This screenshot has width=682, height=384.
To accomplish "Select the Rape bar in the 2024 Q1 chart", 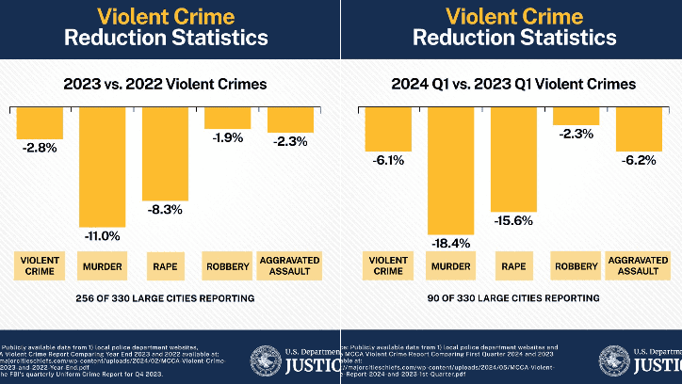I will coord(512,156).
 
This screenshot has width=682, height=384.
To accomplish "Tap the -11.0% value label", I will coord(102,235).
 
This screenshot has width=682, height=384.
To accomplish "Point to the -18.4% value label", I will coord(450,244).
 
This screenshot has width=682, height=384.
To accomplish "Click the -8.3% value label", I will coord(165,211).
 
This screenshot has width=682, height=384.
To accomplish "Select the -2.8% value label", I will coord(39,149).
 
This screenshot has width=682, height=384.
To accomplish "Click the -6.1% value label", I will coord(388,160).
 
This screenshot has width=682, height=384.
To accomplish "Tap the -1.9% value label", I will coord(228,137).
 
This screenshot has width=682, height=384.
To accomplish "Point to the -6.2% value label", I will coord(640,160).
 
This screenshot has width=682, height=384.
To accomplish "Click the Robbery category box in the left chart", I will coord(228,266).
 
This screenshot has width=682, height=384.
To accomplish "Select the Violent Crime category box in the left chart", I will coord(39,266).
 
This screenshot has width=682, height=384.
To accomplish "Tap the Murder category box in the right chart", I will coord(450,266).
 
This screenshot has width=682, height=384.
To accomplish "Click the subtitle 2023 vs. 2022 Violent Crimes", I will coord(165,84).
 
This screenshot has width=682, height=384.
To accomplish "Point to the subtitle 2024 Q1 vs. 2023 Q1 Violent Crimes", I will coord(513,84).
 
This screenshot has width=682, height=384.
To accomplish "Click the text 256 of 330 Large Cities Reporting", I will coord(165,298).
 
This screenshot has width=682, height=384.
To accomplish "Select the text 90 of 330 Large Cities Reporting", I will coord(513,298).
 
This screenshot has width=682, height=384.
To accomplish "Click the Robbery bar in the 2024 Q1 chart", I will coord(576,115).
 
